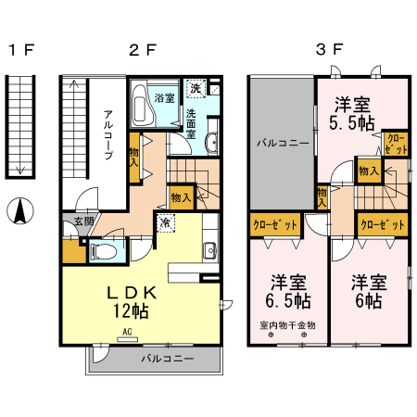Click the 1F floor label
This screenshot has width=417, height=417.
[19, 50]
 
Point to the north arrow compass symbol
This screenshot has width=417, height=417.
[18, 211]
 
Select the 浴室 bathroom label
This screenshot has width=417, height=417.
[166, 96]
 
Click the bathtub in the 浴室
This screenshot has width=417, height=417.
[140, 105]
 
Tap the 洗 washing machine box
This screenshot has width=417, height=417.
[196, 89]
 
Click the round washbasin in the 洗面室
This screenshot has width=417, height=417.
[211, 142]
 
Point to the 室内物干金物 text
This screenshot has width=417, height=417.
[287, 325]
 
